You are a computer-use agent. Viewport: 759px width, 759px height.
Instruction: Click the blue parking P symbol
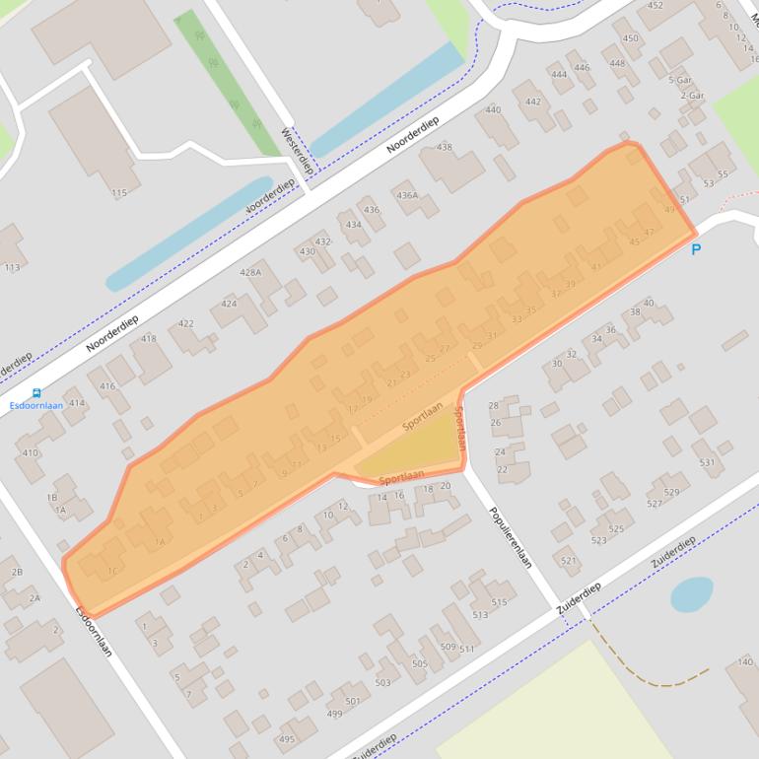tap(696, 249)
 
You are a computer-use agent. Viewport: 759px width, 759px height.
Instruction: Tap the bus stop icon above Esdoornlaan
tap(36, 393)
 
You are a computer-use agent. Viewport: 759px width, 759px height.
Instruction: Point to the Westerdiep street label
tap(297, 151)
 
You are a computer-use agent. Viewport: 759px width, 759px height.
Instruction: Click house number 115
tap(119, 193)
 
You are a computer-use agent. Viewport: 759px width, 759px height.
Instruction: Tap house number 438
tap(445, 148)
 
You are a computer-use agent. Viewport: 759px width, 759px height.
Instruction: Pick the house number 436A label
tap(407, 195)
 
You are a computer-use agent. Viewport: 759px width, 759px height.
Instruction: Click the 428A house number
tap(250, 273)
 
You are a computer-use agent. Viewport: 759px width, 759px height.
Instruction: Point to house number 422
tap(185, 323)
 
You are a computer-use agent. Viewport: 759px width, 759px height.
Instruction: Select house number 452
tap(655, 6)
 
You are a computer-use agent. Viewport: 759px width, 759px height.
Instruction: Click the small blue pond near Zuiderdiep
tap(691, 594)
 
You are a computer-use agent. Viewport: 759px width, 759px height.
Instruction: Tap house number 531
tap(705, 461)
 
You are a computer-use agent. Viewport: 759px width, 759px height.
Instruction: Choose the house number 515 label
tap(499, 602)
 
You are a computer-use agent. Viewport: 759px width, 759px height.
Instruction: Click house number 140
tap(745, 661)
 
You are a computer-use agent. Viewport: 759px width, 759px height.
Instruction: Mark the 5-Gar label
tap(678, 80)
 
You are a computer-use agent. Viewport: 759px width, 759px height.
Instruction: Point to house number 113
tap(12, 267)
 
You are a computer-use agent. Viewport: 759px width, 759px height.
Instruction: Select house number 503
tap(382, 682)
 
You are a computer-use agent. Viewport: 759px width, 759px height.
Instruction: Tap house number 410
tap(31, 453)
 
